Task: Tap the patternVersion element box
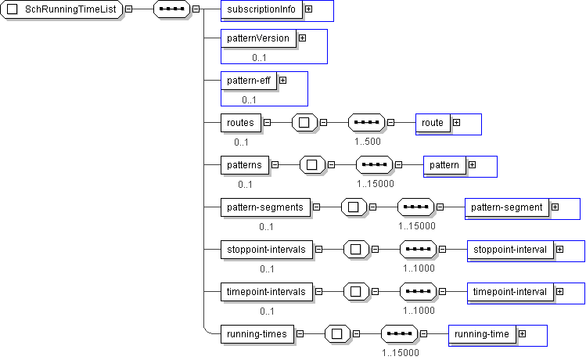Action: point(258,38)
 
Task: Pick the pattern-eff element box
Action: point(248,80)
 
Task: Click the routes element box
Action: point(240,123)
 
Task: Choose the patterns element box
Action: point(245,164)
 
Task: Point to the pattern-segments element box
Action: point(266,207)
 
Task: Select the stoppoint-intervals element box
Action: point(268,249)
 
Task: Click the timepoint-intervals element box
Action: point(268,291)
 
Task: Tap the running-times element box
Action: point(257,334)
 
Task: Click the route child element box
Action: point(433,123)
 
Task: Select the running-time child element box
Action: point(481,334)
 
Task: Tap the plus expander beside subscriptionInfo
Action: point(309,10)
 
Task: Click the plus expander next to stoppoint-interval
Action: point(560,249)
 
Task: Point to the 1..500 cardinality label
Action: point(367,142)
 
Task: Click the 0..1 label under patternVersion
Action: point(260,57)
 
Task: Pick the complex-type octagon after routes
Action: point(304,123)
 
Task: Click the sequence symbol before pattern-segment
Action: point(415,207)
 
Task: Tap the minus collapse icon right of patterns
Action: point(275,164)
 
